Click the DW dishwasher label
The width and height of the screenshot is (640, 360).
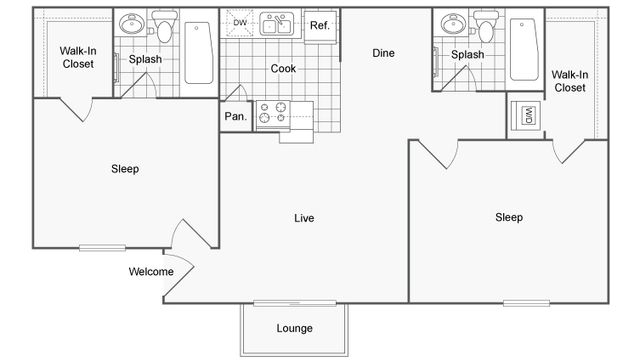tap(240, 22)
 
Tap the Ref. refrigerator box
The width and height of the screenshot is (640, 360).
tap(319, 26)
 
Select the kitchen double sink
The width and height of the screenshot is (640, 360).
tap(277, 24)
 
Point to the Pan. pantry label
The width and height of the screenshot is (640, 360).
tap(234, 117)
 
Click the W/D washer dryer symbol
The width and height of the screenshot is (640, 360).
tap(525, 116)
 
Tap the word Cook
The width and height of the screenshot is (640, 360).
tap(282, 69)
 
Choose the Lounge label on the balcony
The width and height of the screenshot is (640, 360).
tap(294, 328)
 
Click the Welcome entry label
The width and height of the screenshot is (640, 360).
tap(151, 272)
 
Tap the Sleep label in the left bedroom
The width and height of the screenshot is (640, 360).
tap(125, 169)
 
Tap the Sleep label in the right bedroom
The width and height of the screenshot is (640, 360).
tap(509, 217)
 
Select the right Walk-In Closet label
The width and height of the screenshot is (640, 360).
tap(569, 80)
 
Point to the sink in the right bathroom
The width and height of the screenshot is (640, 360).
tap(453, 25)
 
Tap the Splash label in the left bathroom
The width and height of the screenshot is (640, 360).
tap(145, 59)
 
